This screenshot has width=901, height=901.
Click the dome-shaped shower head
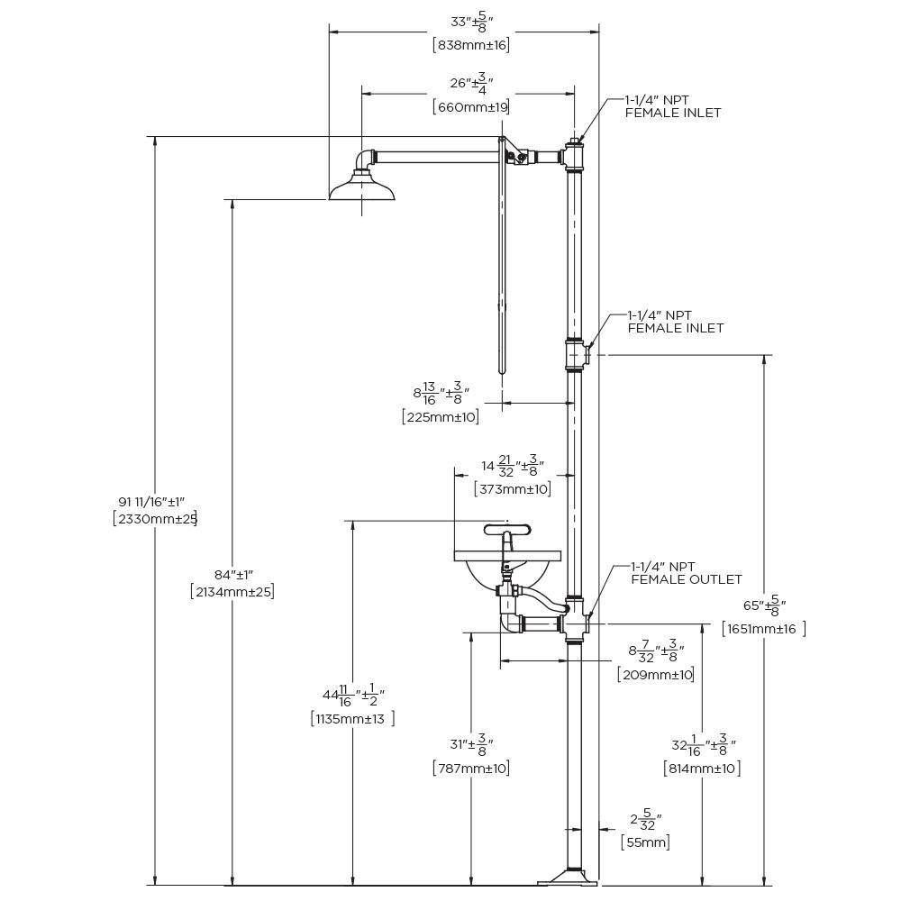click(x=362, y=188)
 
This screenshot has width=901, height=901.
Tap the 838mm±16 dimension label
click(x=471, y=45)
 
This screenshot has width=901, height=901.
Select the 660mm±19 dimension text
click(x=471, y=107)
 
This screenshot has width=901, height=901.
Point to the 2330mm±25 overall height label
click(x=156, y=519)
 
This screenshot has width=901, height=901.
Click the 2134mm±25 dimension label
click(x=232, y=591)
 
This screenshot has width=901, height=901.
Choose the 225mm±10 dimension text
click(x=441, y=416)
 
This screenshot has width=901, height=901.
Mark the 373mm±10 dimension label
click(x=513, y=489)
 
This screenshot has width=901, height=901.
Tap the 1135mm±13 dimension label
click(x=352, y=718)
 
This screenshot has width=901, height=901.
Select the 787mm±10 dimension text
click(x=471, y=768)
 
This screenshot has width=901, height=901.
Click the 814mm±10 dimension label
click(x=702, y=769)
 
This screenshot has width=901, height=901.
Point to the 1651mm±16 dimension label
click(x=764, y=629)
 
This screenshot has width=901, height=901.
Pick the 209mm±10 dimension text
click(x=656, y=674)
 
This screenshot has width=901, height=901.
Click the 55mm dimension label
click(x=645, y=842)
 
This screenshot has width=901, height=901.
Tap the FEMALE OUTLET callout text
click(x=687, y=579)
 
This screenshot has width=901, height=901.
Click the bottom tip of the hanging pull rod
click(x=503, y=374)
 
